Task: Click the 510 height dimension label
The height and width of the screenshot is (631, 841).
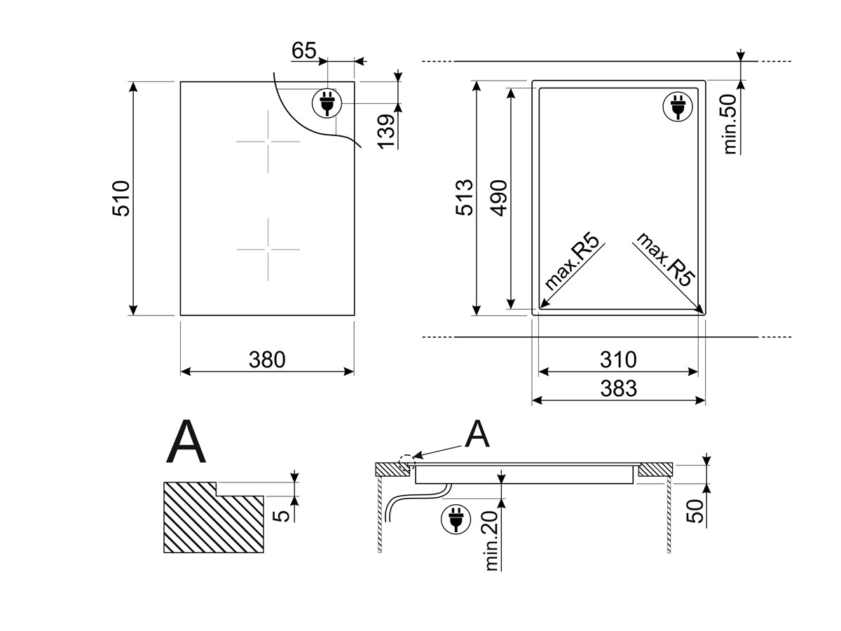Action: click(121, 198)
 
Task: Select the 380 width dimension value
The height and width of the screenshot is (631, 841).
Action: click(267, 360)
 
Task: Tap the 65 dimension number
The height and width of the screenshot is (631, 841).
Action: click(304, 50)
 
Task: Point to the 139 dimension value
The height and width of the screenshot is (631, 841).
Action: click(386, 131)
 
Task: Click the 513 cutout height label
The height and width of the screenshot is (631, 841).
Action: click(465, 197)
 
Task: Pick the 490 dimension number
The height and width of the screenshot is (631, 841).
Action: click(499, 198)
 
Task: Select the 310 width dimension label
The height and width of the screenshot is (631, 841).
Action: click(618, 360)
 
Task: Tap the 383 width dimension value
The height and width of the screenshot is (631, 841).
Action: click(618, 388)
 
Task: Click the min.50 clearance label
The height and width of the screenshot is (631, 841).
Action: click(730, 124)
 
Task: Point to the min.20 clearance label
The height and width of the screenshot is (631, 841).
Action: click(491, 541)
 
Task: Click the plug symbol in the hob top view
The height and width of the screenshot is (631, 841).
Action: click(327, 103)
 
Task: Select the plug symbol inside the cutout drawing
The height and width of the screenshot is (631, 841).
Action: click(678, 107)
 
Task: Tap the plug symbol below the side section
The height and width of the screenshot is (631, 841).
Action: click(456, 519)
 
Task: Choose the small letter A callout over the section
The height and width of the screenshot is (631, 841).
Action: click(477, 433)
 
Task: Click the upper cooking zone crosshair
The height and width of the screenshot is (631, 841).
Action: click(268, 142)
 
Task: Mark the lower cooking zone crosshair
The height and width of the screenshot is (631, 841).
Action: click(268, 250)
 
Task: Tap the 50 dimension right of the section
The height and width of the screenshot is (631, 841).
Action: click(695, 511)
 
